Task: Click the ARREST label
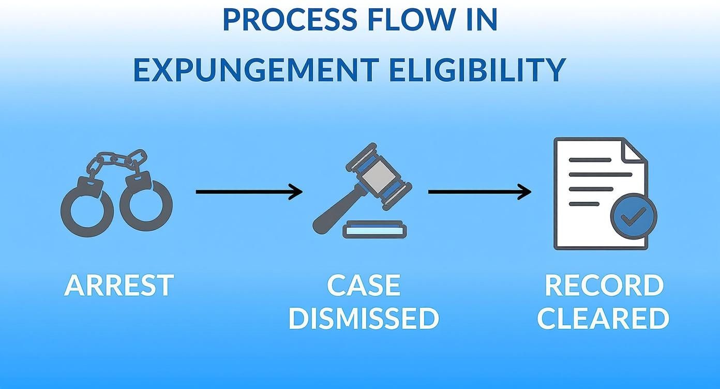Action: [x=119, y=286]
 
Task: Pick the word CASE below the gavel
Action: [x=364, y=286]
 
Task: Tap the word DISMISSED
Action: [x=364, y=319]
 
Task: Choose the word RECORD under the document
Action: [x=604, y=286]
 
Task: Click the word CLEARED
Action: [x=604, y=319]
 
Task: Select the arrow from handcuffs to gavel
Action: [x=249, y=192]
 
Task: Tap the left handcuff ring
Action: [x=86, y=210]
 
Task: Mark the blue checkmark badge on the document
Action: [x=633, y=217]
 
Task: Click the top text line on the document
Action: [x=590, y=160]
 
